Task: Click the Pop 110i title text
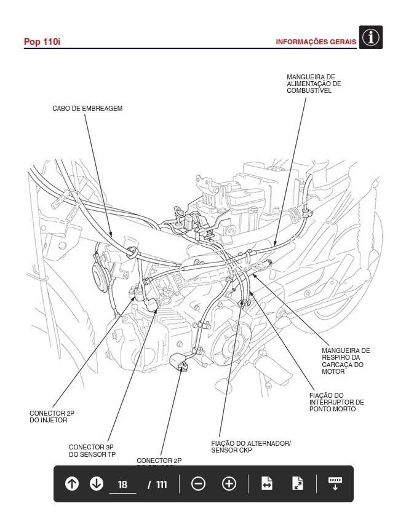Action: (x=42, y=42)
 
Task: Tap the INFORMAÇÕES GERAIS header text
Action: (x=316, y=42)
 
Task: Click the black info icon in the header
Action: (x=370, y=38)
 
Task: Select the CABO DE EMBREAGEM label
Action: (x=87, y=109)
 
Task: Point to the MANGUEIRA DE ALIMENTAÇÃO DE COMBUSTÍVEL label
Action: (x=314, y=84)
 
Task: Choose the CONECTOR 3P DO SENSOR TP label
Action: (x=92, y=451)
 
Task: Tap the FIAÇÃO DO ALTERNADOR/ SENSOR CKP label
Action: (x=250, y=446)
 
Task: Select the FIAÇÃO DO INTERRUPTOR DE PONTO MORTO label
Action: (x=336, y=402)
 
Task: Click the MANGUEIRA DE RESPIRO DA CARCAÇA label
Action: (x=346, y=361)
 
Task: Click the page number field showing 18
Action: (x=122, y=485)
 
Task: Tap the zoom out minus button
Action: (x=198, y=484)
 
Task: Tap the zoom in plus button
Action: (x=229, y=484)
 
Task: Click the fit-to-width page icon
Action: (x=266, y=484)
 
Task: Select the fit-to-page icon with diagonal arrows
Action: (x=298, y=484)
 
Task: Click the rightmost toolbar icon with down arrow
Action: (x=335, y=484)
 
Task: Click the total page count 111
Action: (x=161, y=485)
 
